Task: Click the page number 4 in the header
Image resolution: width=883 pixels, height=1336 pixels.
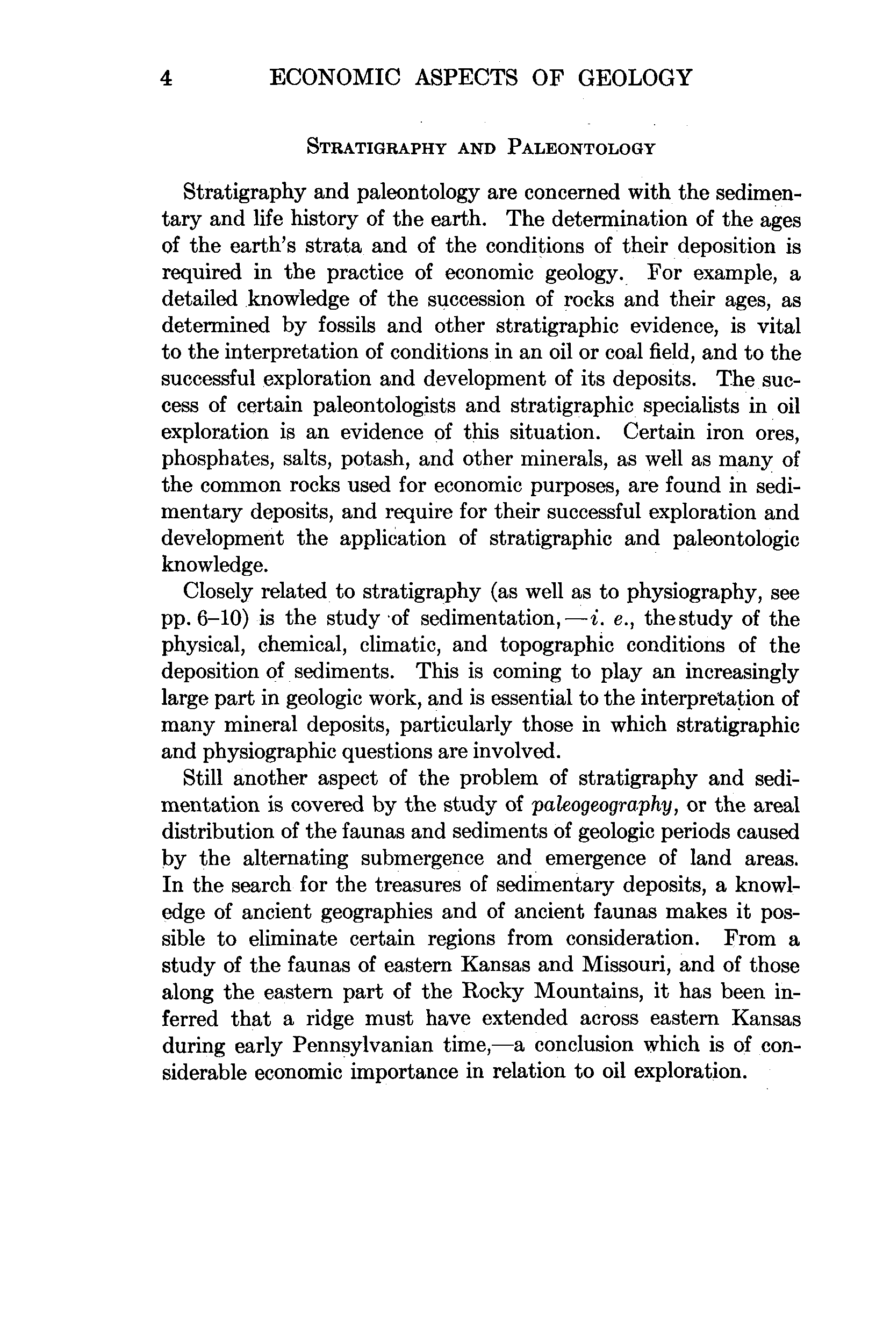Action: pyautogui.click(x=166, y=78)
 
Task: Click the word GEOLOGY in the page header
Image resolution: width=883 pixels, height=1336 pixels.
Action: pyautogui.click(x=635, y=77)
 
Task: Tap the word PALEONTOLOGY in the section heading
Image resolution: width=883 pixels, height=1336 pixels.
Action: pyautogui.click(x=581, y=148)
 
